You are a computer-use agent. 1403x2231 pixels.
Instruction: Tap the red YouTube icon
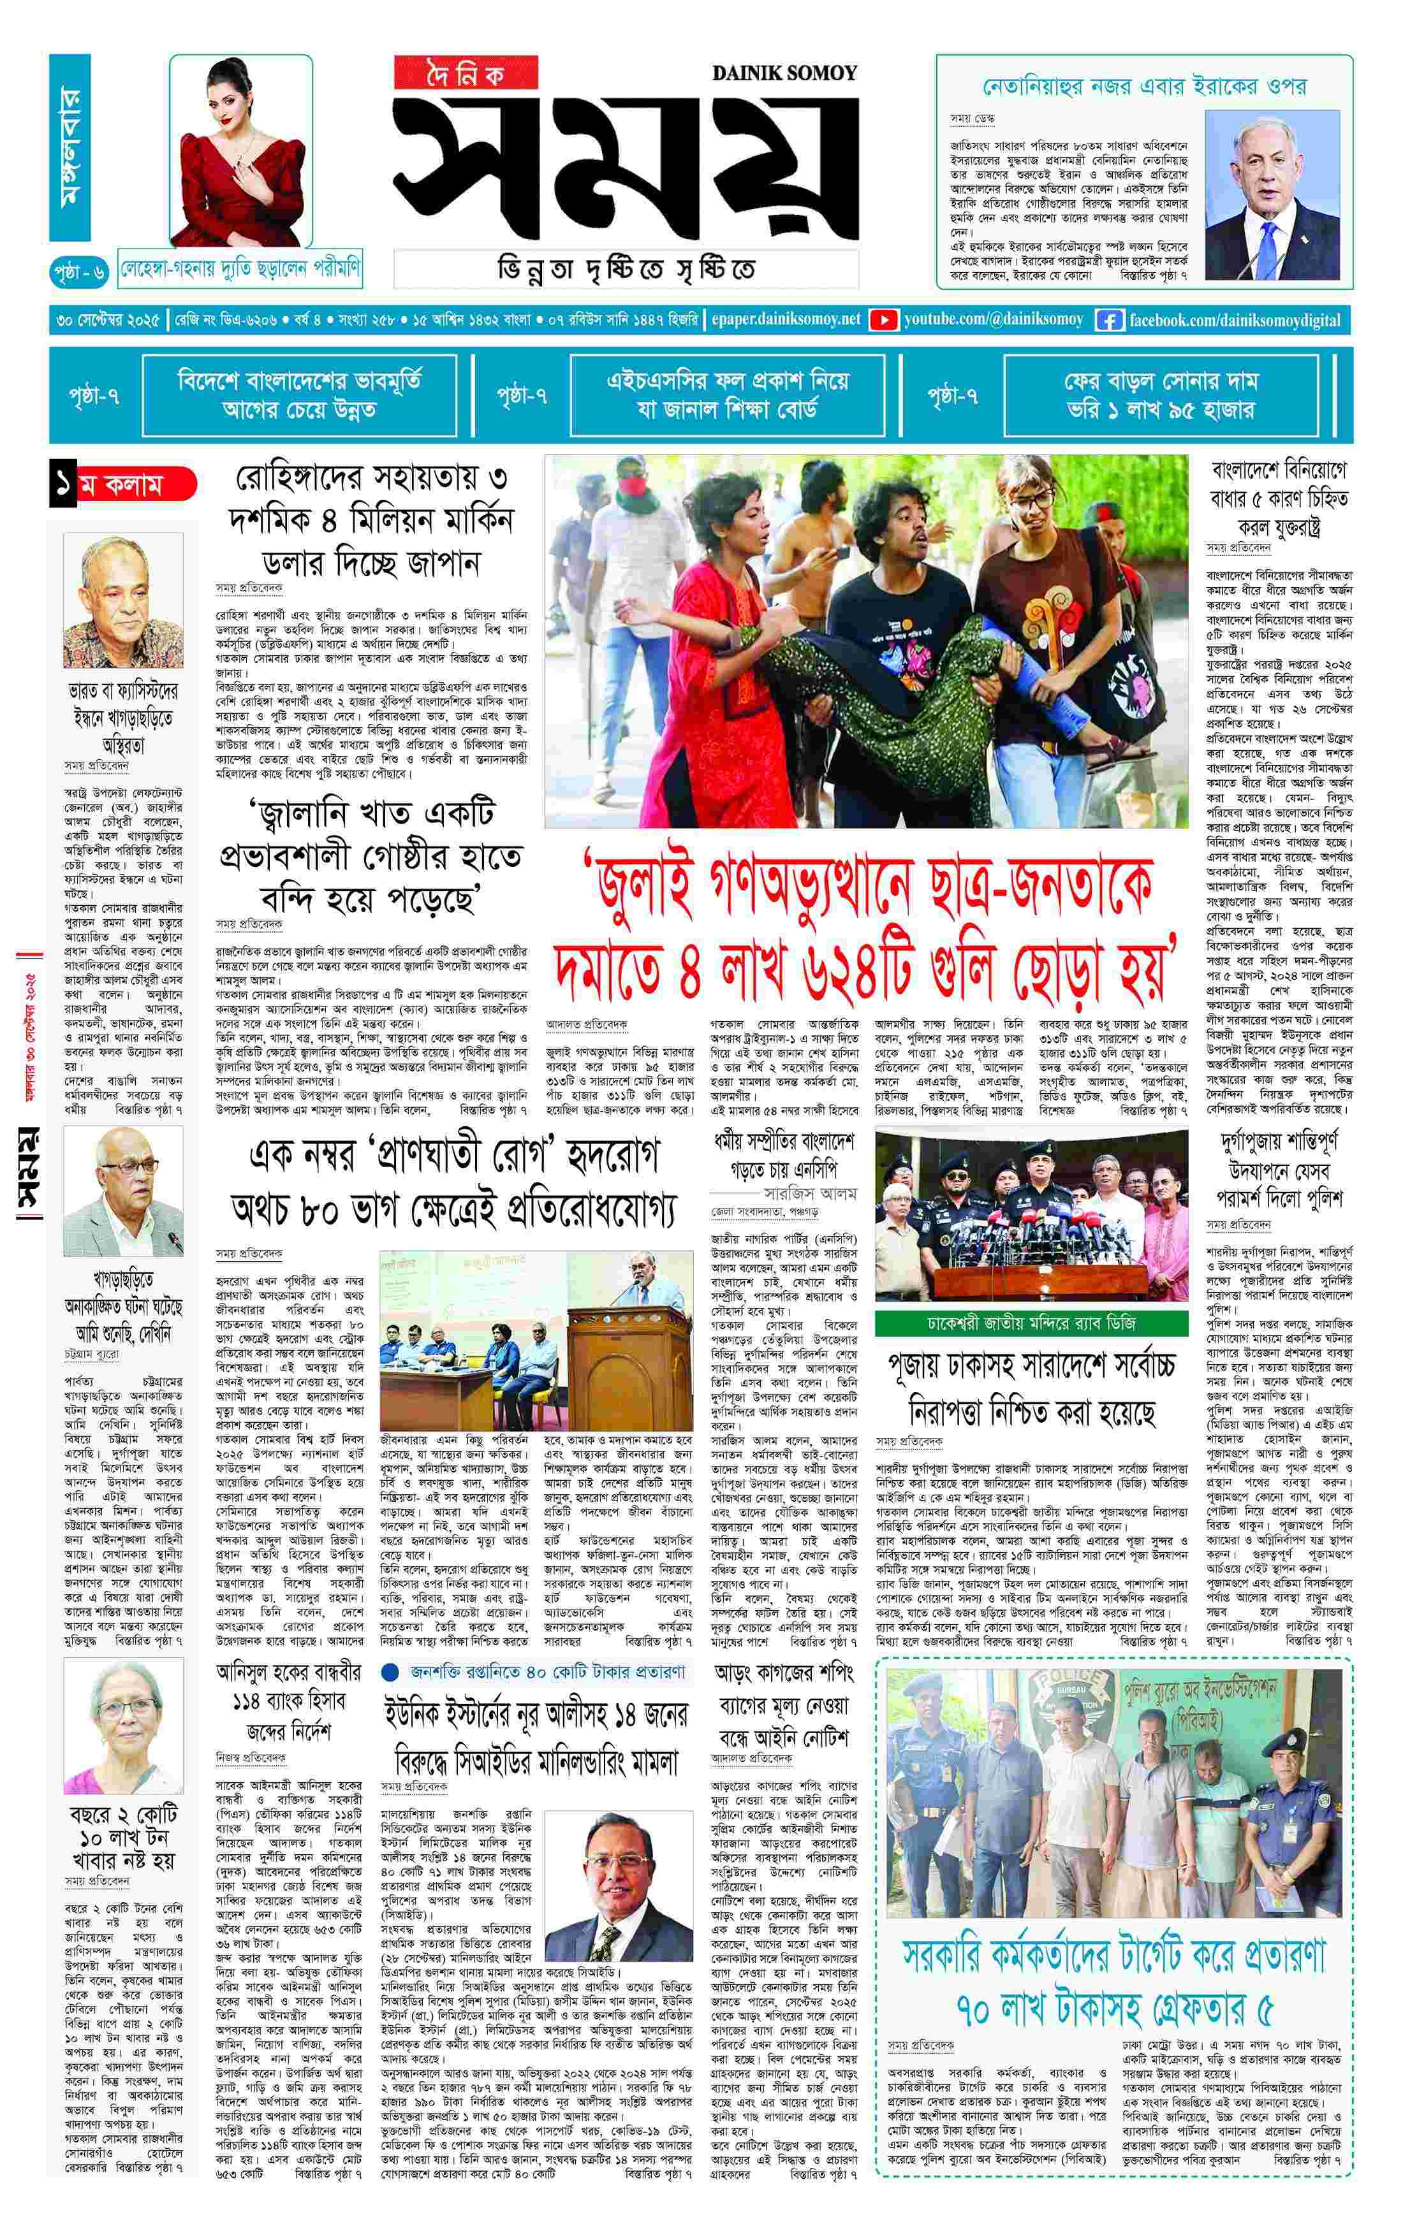883,319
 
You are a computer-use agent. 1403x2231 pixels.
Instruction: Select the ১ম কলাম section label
122,484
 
